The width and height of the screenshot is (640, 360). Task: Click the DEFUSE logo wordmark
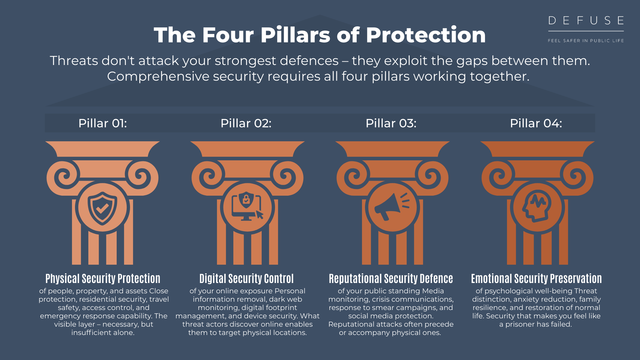(x=586, y=21)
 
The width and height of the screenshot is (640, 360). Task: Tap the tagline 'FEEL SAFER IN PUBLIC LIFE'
(x=586, y=41)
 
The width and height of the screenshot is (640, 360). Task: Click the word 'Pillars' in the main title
(x=295, y=35)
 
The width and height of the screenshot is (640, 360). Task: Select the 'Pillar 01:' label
(x=103, y=123)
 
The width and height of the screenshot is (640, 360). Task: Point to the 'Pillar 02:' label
(x=246, y=123)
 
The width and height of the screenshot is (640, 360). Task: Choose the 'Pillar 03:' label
(x=391, y=123)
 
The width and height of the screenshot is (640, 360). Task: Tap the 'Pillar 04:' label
(x=536, y=123)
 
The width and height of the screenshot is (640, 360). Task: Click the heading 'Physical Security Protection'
(x=103, y=279)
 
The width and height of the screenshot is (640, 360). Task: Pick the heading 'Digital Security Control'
(x=247, y=279)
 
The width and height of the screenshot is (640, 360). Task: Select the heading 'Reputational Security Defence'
(x=391, y=279)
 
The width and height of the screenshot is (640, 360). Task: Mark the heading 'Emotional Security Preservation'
(x=536, y=279)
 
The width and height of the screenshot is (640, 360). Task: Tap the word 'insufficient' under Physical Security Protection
(x=90, y=333)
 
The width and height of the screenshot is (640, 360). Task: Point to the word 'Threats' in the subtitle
(x=74, y=61)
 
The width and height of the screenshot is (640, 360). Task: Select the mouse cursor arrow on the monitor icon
(x=260, y=215)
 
